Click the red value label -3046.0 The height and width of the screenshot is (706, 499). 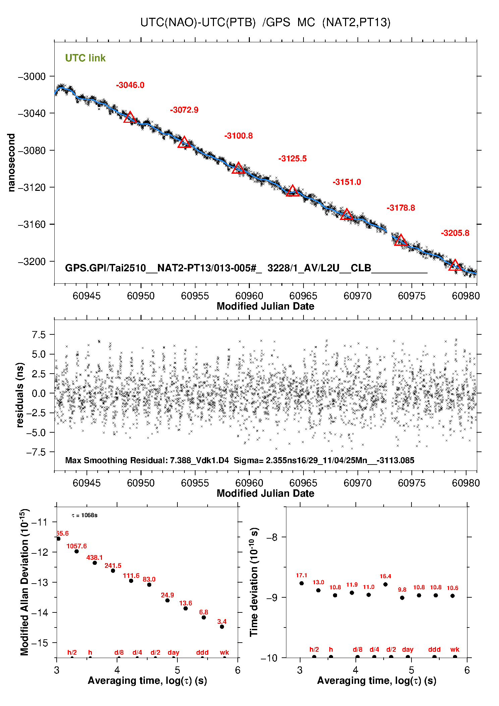click(130, 85)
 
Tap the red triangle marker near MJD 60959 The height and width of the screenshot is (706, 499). click(238, 168)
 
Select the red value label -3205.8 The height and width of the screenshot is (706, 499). click(455, 233)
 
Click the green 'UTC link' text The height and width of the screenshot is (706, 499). click(85, 58)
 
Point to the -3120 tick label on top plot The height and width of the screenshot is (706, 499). click(32, 187)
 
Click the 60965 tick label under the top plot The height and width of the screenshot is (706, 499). click(303, 296)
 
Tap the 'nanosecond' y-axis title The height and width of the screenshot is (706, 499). click(11, 163)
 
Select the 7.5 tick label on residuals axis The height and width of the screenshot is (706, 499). click(38, 335)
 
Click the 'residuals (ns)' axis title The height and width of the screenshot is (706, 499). click(20, 395)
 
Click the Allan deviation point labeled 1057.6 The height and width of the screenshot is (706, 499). click(76, 551)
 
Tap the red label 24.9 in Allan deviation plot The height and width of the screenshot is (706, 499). click(167, 595)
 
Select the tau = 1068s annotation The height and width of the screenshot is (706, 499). click(85, 515)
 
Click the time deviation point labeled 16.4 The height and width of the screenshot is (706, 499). click(385, 584)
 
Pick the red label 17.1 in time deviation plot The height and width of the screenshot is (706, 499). click(301, 576)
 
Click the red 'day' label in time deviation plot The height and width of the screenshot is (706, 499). click(407, 650)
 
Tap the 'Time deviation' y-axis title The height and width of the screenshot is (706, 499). click(254, 582)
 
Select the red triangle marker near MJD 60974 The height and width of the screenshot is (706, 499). click(401, 240)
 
